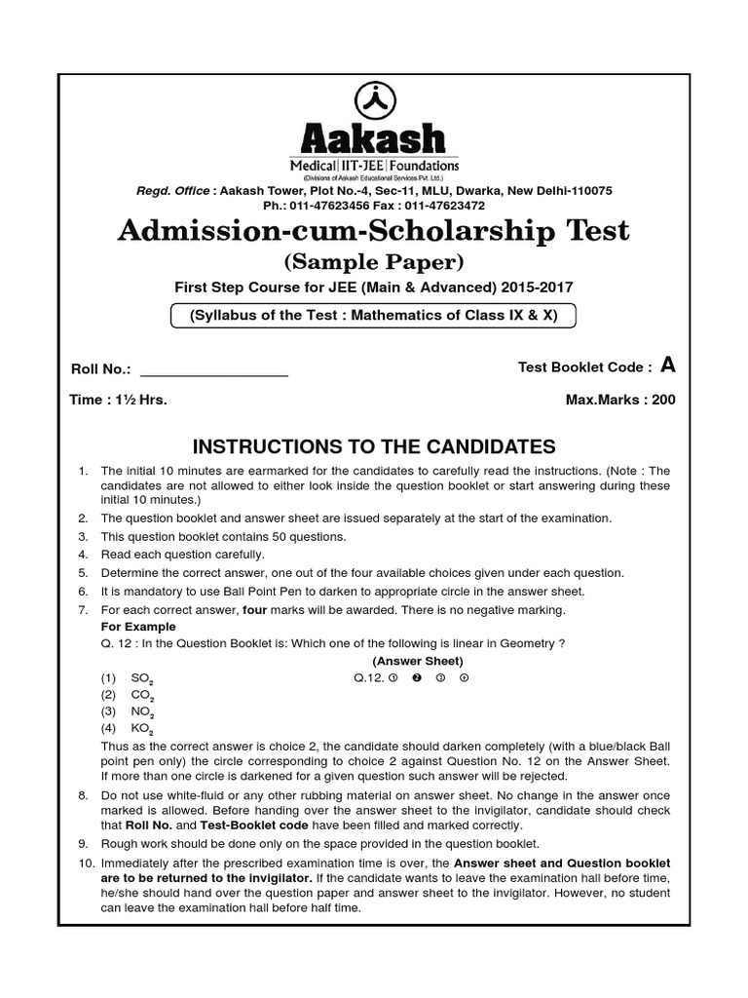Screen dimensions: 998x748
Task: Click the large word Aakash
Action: tap(374, 138)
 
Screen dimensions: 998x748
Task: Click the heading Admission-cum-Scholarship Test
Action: tap(374, 231)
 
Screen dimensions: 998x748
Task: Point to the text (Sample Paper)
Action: tap(374, 262)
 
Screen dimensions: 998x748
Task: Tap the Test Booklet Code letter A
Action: tap(667, 365)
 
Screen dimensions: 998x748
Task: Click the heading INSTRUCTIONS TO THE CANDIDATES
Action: tap(374, 447)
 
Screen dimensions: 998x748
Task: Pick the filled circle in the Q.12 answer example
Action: tap(416, 678)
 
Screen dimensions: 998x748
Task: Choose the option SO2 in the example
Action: tap(142, 678)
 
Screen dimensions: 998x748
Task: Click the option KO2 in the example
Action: tap(142, 729)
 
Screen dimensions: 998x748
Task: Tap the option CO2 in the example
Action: tap(142, 695)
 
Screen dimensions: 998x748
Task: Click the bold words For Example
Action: tap(138, 627)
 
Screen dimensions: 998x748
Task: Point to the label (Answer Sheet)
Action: tap(409, 661)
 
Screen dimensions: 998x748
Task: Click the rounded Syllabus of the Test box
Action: tap(374, 316)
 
